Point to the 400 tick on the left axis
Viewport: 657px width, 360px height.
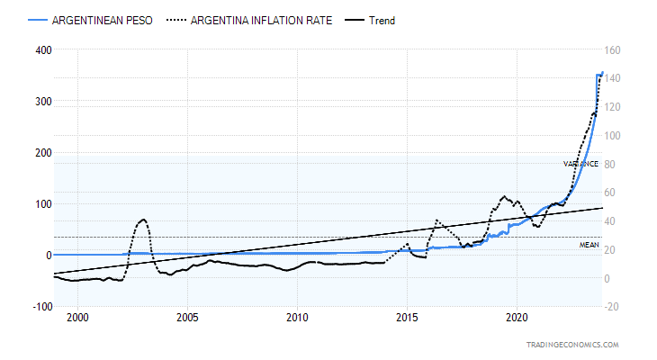pyautogui.click(x=43, y=50)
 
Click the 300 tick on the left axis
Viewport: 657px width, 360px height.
pyautogui.click(x=43, y=102)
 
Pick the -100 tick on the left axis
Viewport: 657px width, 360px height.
pyautogui.click(x=41, y=307)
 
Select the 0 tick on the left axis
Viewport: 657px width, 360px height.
pyautogui.click(x=49, y=256)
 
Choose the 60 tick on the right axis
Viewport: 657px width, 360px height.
pyautogui.click(x=612, y=193)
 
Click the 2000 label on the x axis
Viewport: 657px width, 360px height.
pyautogui.click(x=78, y=319)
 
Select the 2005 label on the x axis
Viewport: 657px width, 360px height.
pyautogui.click(x=188, y=319)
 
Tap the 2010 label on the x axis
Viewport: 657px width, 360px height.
pyautogui.click(x=298, y=319)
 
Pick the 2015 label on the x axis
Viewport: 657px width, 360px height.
pyautogui.click(x=407, y=319)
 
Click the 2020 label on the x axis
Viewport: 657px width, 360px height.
pyautogui.click(x=517, y=319)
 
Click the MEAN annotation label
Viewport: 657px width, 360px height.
pyautogui.click(x=589, y=245)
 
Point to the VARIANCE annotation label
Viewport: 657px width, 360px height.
pyautogui.click(x=581, y=164)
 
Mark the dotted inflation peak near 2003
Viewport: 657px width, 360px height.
pyautogui.click(x=143, y=219)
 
